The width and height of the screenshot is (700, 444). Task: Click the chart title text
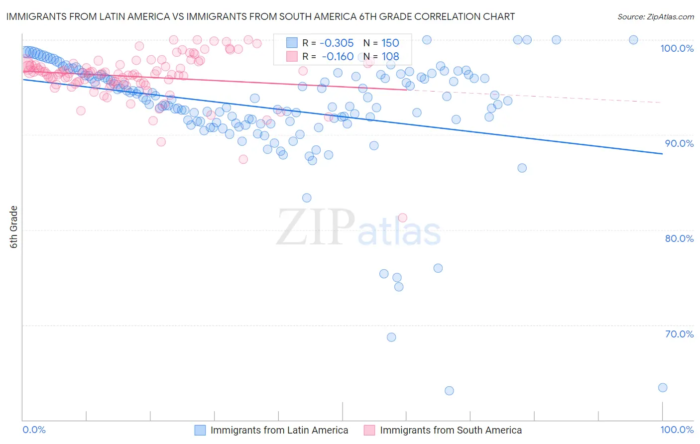(260, 16)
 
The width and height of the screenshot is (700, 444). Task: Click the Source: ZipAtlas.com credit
(655, 16)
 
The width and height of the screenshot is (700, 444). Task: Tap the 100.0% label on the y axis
(677, 48)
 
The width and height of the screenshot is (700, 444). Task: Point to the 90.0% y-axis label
(679, 143)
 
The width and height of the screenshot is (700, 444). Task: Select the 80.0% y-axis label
(679, 238)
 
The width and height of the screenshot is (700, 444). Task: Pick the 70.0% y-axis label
(679, 334)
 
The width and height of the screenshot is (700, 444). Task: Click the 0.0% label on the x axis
(34, 430)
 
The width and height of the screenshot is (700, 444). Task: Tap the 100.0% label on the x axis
(677, 430)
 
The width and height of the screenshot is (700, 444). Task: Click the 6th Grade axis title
(14, 227)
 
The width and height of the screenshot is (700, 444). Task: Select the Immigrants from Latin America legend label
(279, 431)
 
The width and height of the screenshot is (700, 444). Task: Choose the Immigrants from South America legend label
(451, 431)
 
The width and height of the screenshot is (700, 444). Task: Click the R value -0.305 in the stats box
(337, 43)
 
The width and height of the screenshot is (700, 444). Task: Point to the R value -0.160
(338, 57)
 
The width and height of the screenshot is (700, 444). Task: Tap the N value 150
(390, 43)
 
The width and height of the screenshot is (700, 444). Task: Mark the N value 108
(390, 57)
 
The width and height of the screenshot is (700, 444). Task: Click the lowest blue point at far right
(662, 388)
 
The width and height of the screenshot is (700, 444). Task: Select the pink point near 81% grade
(402, 218)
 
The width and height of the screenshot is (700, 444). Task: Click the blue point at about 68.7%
(391, 337)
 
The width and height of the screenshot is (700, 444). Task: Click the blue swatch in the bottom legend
(200, 431)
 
